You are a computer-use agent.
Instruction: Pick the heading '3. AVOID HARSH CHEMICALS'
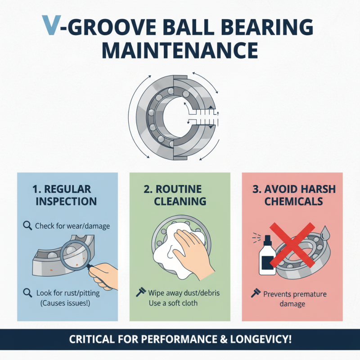293,195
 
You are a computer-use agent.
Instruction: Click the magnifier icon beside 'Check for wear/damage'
27,226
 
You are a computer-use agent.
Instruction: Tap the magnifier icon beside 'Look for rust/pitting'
27,293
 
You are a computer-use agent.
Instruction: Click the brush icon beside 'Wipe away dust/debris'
140,293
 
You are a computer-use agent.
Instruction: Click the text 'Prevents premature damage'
295,299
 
